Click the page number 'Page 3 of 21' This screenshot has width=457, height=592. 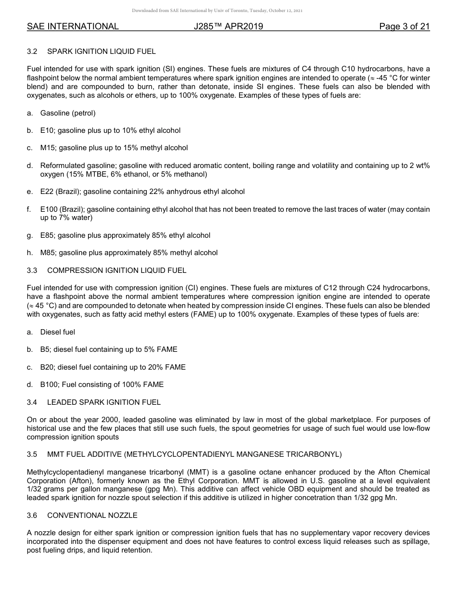coord(404,26)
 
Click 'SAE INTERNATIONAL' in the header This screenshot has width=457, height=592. coord(73,26)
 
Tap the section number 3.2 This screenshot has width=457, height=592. coord(32,51)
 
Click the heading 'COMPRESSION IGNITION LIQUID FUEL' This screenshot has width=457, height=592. coord(116,270)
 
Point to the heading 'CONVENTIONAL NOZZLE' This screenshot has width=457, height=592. coord(92,515)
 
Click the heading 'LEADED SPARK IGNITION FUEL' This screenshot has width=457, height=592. coord(103,402)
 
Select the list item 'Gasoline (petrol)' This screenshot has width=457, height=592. coord(68,113)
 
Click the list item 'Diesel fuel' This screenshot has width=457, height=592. coord(58,332)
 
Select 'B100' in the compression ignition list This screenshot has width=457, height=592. coord(50,385)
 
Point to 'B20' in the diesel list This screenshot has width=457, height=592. coord(48,367)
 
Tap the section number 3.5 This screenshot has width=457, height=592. coord(32,454)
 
